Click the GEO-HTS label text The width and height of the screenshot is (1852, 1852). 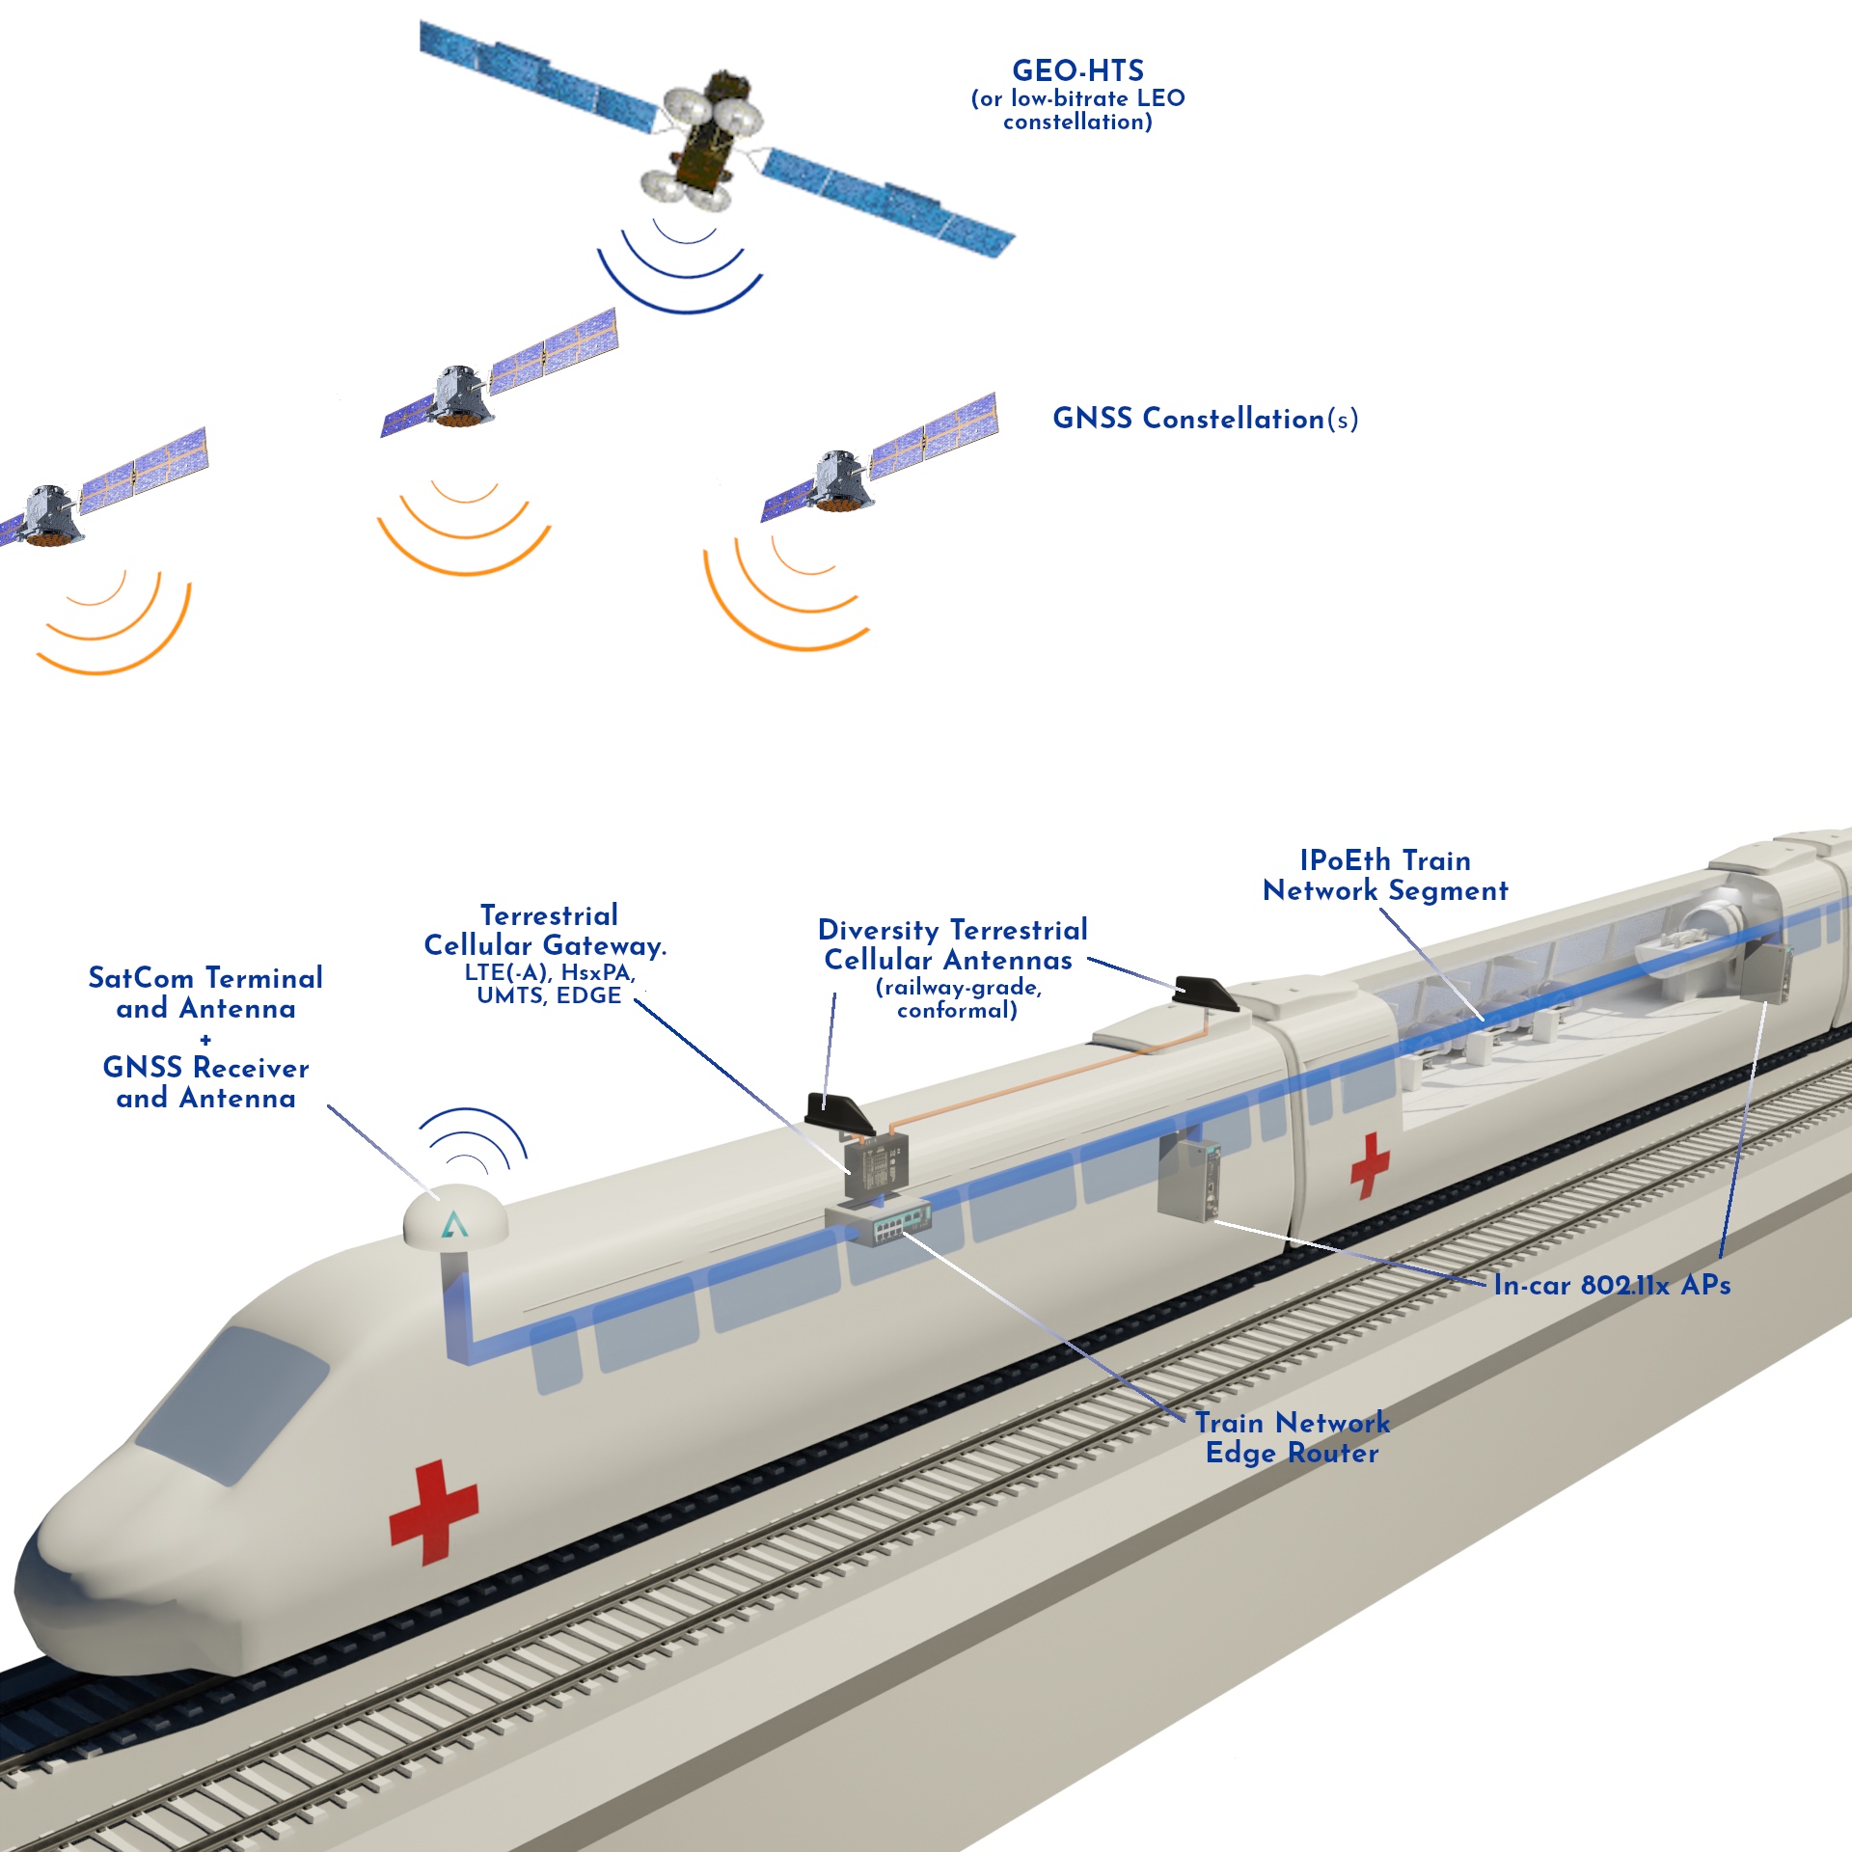pyautogui.click(x=1077, y=71)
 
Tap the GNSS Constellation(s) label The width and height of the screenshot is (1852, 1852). pyautogui.click(x=1205, y=419)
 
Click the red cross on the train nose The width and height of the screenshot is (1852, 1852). pyautogui.click(x=434, y=1511)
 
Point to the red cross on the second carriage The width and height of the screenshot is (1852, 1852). pyautogui.click(x=1369, y=1164)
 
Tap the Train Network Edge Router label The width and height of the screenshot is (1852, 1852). pyautogui.click(x=1292, y=1437)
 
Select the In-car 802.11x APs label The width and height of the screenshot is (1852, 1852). pyautogui.click(x=1611, y=1285)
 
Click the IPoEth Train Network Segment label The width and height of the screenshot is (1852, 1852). pyautogui.click(x=1385, y=875)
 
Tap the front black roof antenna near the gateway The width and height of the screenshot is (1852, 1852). pyautogui.click(x=839, y=1114)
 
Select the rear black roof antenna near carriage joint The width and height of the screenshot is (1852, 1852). pyautogui.click(x=1206, y=994)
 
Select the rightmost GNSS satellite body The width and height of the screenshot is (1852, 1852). pyautogui.click(x=841, y=480)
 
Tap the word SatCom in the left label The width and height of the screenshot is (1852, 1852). pyautogui.click(x=141, y=978)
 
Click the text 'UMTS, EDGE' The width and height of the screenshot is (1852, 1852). pyautogui.click(x=549, y=995)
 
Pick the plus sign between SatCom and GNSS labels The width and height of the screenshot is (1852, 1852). pyautogui.click(x=205, y=1039)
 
